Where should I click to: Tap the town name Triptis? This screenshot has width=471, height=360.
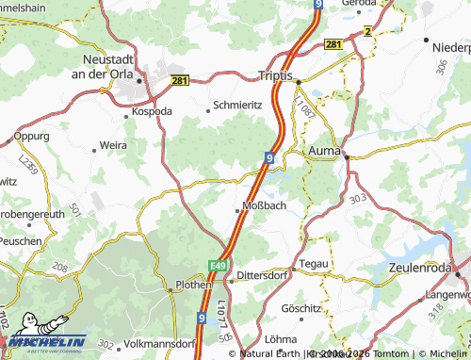point(278,74)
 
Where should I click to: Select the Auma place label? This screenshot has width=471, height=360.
point(323,149)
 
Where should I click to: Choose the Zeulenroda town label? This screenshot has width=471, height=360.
point(425,268)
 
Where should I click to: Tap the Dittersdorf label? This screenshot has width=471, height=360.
point(261,274)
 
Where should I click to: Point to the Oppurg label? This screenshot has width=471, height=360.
point(32,136)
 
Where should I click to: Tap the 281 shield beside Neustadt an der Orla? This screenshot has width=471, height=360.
point(182,82)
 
